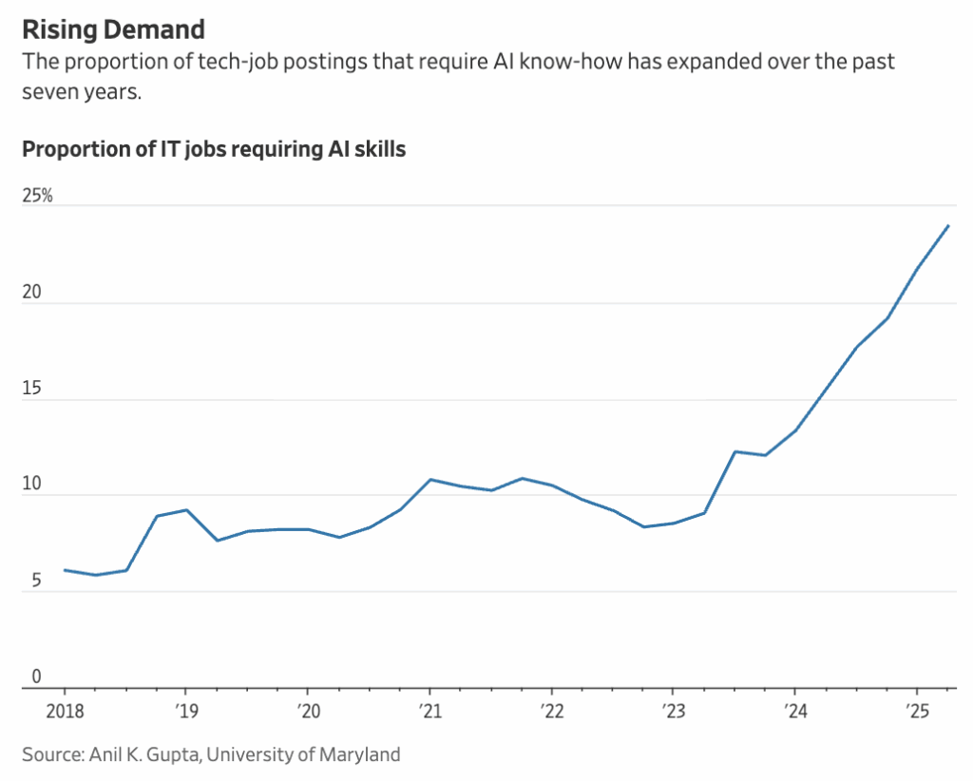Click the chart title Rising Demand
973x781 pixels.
click(x=113, y=29)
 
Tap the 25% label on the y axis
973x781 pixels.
click(x=38, y=197)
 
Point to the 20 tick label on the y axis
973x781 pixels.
click(x=32, y=294)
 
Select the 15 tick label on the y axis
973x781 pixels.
click(x=32, y=390)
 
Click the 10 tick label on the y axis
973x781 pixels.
click(x=32, y=486)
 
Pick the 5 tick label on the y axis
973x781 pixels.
click(x=36, y=581)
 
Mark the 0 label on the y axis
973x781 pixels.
click(x=36, y=676)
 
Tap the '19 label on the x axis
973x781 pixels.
click(x=184, y=710)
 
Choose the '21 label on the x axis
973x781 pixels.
click(x=429, y=710)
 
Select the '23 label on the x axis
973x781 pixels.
click(x=673, y=710)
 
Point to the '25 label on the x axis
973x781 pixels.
click(x=917, y=710)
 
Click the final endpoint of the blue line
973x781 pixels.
click(x=948, y=226)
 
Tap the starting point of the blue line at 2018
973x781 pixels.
click(x=64, y=570)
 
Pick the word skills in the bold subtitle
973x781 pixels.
click(x=377, y=149)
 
